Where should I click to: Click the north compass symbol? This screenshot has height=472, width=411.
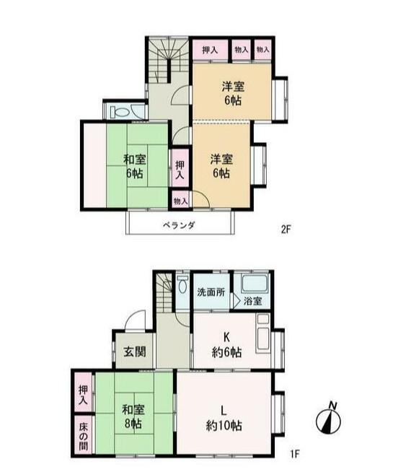click(328, 419)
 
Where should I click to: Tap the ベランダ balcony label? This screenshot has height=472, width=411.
click(180, 225)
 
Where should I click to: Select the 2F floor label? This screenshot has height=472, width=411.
click(286, 230)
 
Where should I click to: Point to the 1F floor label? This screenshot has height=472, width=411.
click(295, 454)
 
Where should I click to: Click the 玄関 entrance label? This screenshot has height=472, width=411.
click(135, 351)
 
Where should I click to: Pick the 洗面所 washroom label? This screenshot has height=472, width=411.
click(211, 292)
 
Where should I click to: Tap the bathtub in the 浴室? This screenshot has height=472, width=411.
click(255, 283)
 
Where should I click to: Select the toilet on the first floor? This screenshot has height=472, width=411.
click(182, 285)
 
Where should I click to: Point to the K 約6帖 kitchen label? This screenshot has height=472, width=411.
click(226, 345)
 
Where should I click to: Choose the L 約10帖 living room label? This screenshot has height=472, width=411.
click(224, 418)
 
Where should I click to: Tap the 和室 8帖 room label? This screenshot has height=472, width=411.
click(133, 416)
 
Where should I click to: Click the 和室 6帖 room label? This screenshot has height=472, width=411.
click(135, 167)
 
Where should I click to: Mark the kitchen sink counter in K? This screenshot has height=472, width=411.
click(263, 333)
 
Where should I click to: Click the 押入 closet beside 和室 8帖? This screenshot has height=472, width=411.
click(84, 395)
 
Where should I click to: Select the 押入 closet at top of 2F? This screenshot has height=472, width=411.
click(210, 50)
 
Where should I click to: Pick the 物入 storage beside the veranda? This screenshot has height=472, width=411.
click(181, 201)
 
